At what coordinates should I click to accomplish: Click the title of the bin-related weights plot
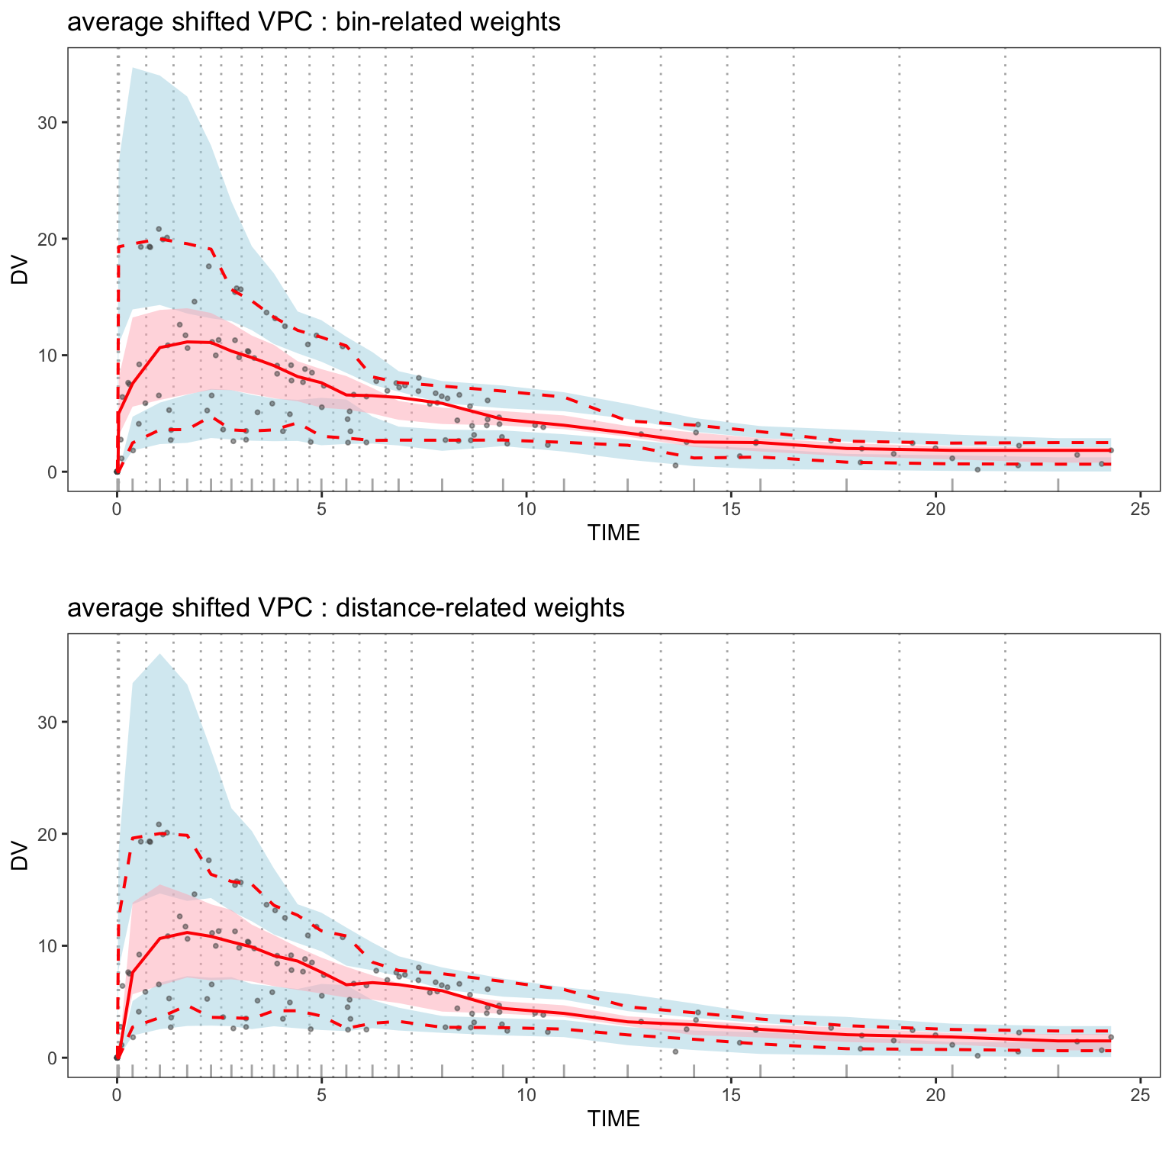coord(314,22)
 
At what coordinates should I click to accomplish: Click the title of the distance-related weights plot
coord(346,608)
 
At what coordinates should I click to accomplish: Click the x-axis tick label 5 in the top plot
coord(321,509)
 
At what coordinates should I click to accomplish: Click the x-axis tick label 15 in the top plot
coord(731,509)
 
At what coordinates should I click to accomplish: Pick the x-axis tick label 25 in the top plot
coord(1140,509)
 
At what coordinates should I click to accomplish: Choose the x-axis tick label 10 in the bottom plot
coord(526,1095)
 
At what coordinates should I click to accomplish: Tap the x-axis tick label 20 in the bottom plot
coord(935,1095)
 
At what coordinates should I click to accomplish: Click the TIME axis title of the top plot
coord(613,533)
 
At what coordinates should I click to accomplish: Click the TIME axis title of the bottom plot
coord(613,1119)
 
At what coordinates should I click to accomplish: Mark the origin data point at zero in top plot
coord(117,472)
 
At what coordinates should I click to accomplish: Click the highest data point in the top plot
coord(159,229)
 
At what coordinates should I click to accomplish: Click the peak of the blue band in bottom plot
coord(159,654)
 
